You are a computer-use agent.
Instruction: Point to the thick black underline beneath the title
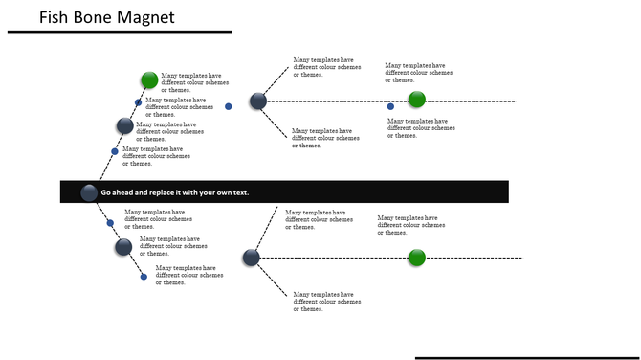pos(120,32)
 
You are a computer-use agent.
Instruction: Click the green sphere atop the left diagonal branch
pos(149,79)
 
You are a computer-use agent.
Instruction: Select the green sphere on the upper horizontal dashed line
pos(416,100)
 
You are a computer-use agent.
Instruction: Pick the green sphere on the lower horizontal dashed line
pos(416,258)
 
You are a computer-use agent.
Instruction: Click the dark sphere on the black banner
pos(89,191)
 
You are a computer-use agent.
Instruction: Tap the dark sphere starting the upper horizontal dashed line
pos(256,101)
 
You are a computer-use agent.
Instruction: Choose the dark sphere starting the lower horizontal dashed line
pos(251,257)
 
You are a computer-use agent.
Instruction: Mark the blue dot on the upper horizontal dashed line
pos(390,106)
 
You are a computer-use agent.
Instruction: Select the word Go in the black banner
pos(106,192)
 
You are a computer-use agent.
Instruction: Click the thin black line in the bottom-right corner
pos(527,357)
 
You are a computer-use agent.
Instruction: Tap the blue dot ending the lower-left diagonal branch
pos(144,277)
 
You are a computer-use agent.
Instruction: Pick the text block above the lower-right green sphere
pos(411,225)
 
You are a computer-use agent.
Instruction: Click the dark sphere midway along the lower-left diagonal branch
pos(123,247)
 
